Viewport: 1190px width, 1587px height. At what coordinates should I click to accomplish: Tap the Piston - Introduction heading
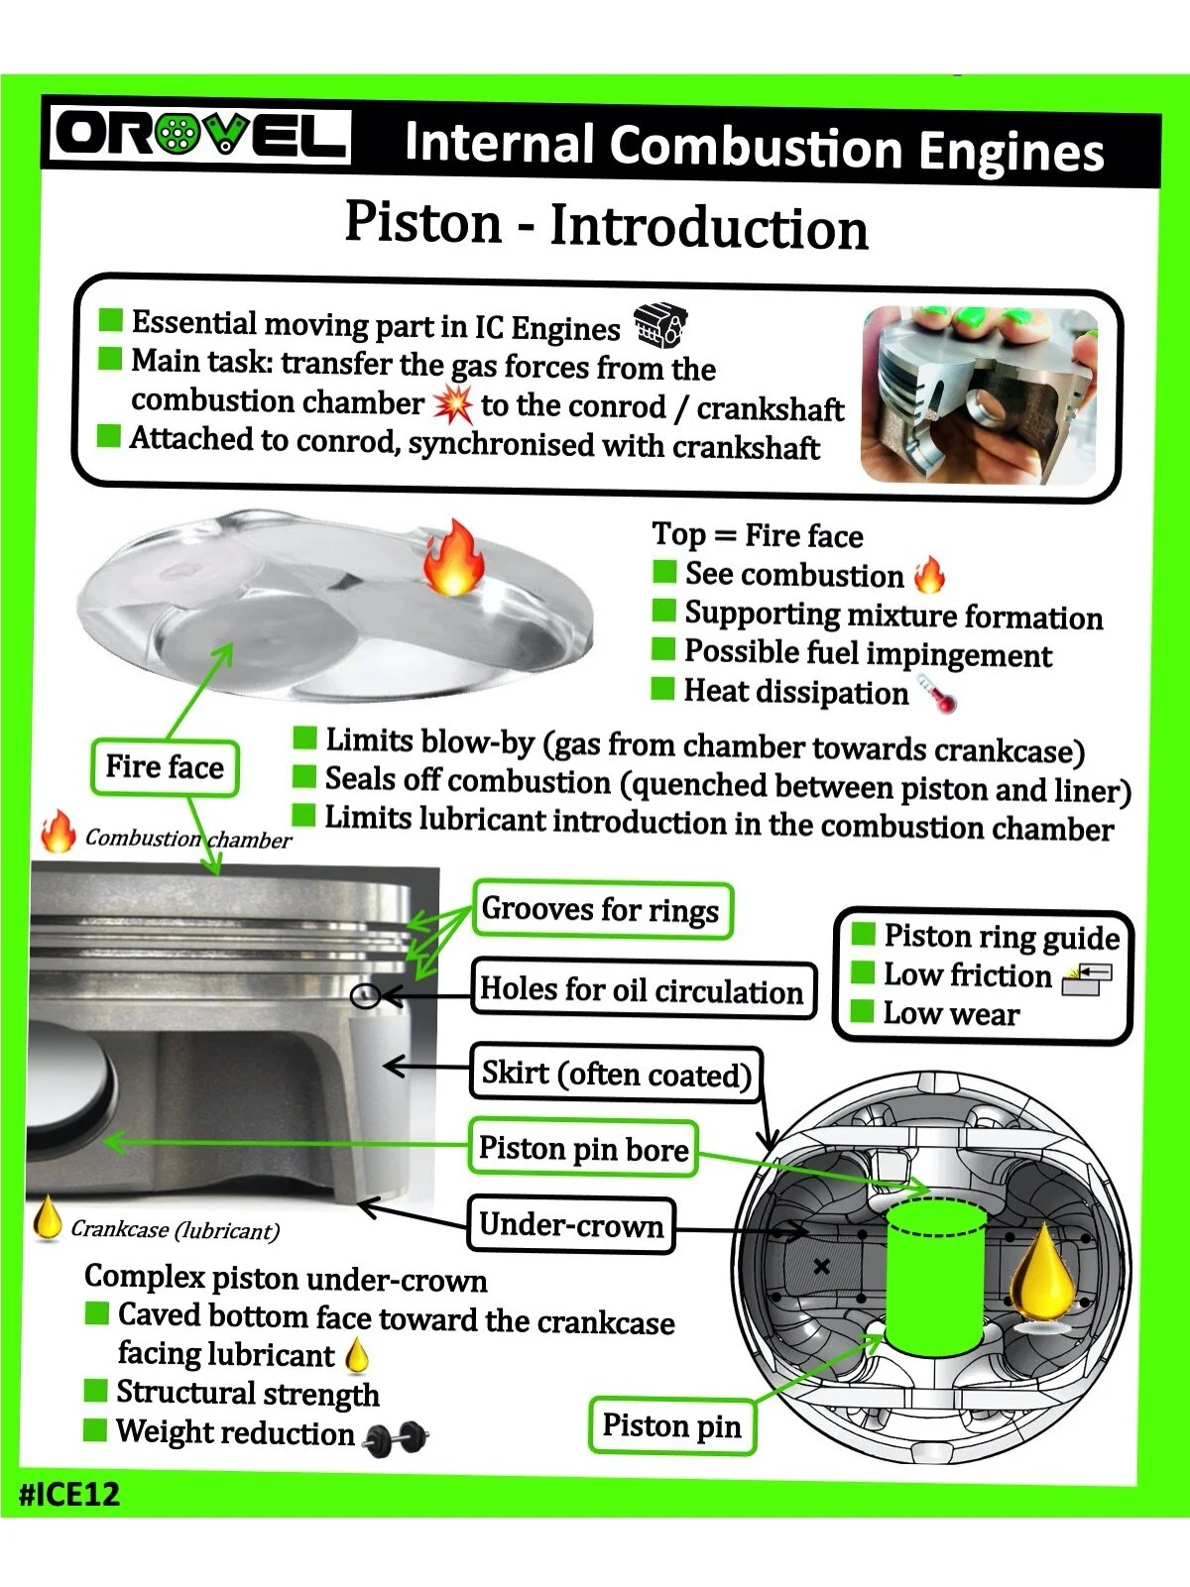(x=606, y=225)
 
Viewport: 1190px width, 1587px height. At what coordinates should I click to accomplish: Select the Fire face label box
(x=165, y=767)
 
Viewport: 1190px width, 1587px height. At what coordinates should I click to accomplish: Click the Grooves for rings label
(x=601, y=910)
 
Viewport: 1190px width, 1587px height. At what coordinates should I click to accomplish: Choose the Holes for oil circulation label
(x=643, y=989)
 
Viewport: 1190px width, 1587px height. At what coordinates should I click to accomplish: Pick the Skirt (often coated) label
(x=616, y=1074)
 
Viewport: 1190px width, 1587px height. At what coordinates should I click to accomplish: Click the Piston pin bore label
(x=583, y=1149)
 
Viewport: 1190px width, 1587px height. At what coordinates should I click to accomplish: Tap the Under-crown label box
(x=571, y=1225)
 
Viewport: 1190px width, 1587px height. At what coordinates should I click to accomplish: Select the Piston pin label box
(x=671, y=1425)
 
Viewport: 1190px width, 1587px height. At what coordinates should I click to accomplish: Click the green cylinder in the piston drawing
(x=932, y=1278)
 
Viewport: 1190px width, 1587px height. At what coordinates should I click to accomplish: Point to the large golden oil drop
(x=1042, y=1273)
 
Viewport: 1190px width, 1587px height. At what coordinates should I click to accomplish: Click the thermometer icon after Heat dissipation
(x=937, y=694)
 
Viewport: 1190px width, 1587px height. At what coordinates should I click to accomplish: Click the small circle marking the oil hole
(x=366, y=995)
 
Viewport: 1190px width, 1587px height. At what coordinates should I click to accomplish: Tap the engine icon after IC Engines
(x=660, y=325)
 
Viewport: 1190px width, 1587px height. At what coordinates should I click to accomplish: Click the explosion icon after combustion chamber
(x=453, y=403)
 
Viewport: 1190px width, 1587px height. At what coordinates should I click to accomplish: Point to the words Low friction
(x=967, y=975)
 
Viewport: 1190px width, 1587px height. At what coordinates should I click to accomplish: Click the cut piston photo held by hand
(x=978, y=395)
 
